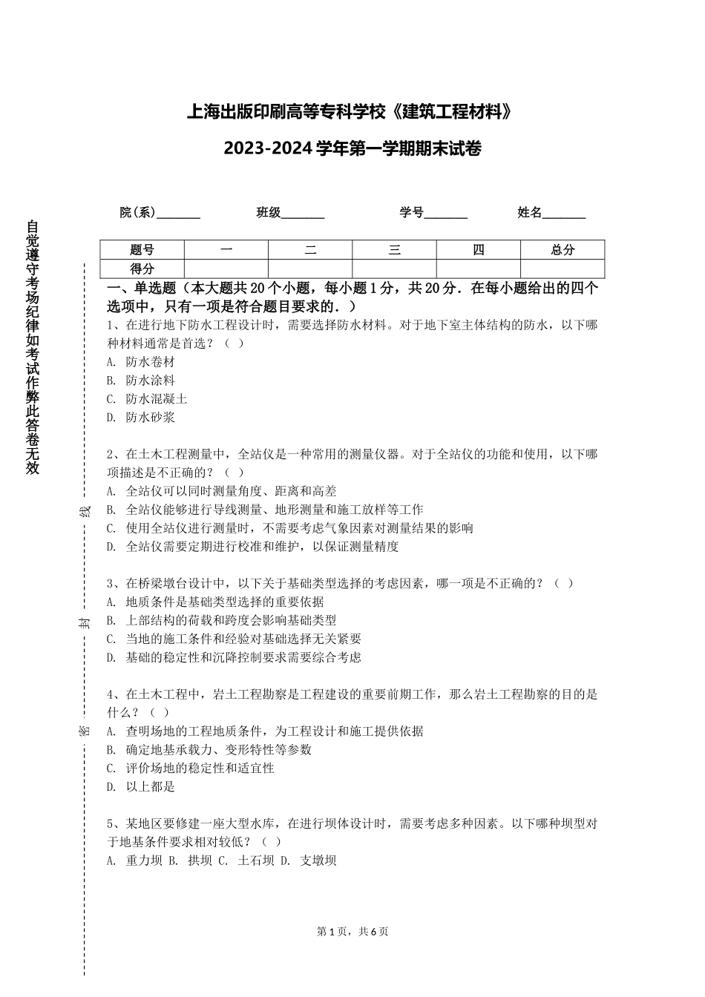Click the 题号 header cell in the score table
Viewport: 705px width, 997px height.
pyautogui.click(x=142, y=250)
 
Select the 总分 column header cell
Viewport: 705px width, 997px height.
pyautogui.click(x=563, y=250)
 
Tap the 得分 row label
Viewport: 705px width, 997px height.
pyautogui.click(x=142, y=269)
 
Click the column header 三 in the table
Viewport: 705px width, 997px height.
pyautogui.click(x=394, y=250)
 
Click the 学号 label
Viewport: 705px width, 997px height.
pyautogui.click(x=411, y=213)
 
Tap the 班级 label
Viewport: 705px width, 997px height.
pyautogui.click(x=269, y=213)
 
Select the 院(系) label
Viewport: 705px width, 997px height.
pyautogui.click(x=138, y=213)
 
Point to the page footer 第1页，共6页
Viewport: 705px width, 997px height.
pyautogui.click(x=352, y=932)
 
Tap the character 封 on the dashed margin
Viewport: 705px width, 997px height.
pyautogui.click(x=85, y=622)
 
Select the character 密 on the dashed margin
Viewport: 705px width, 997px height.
pyautogui.click(x=85, y=731)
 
